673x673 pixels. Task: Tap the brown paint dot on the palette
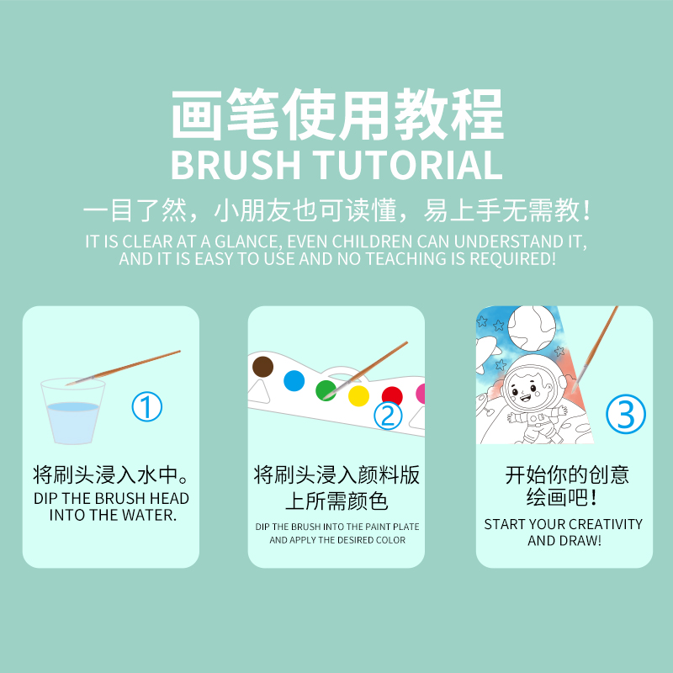[263, 367]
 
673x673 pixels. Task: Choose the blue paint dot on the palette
[294, 380]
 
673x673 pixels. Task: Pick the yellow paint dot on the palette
[358, 395]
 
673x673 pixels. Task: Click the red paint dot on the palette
[392, 396]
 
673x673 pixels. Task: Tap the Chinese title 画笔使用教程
[336, 114]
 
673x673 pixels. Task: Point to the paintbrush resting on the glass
[126, 367]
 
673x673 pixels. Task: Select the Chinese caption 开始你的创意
[566, 474]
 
